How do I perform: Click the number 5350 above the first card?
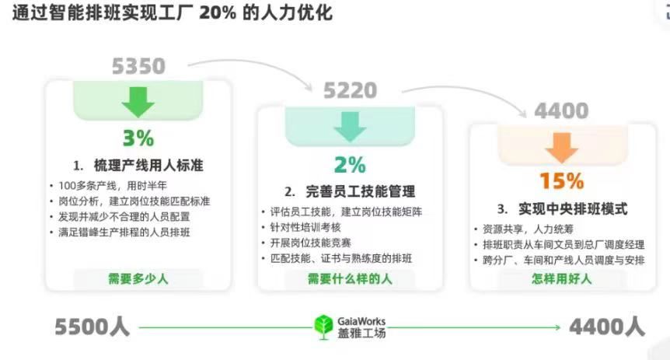(x=138, y=66)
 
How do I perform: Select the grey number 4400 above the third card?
(x=561, y=110)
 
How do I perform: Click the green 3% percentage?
(x=138, y=138)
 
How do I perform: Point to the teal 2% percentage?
(x=350, y=165)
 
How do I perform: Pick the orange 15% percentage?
(x=561, y=181)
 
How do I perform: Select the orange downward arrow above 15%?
(x=561, y=146)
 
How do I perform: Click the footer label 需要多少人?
(x=138, y=278)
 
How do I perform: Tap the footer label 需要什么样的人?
(x=350, y=278)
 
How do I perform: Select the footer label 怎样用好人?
(x=561, y=278)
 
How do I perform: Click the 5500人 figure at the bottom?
(x=92, y=327)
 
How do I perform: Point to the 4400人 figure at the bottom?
(x=607, y=327)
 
